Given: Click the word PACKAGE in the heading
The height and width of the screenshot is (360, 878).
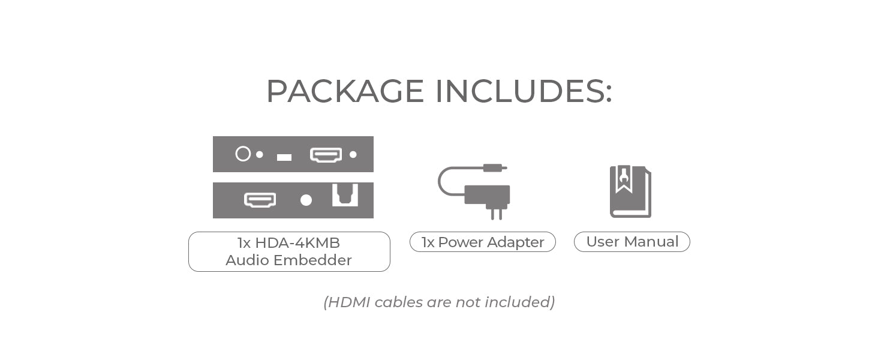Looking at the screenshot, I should (345, 92).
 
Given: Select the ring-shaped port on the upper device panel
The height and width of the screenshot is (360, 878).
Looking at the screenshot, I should (243, 154).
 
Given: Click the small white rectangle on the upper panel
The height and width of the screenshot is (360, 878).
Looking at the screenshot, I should (284, 157).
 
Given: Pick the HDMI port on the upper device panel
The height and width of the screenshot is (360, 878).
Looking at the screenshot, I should (326, 155).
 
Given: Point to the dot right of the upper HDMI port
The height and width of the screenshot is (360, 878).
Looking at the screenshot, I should (353, 154).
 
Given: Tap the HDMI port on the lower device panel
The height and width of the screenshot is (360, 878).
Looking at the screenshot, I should (260, 200).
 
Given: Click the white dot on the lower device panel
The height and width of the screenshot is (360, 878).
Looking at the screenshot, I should (306, 200).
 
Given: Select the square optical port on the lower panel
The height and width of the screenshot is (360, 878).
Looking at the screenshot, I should (345, 196).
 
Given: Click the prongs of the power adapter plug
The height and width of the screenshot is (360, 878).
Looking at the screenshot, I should (497, 214).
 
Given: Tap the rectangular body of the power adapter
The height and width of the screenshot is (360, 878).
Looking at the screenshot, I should (488, 194).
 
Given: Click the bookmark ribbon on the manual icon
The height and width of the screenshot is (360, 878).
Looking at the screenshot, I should (624, 179).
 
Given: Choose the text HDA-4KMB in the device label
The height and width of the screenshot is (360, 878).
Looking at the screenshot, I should (297, 243).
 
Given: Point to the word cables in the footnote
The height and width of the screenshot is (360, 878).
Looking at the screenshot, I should (398, 302).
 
